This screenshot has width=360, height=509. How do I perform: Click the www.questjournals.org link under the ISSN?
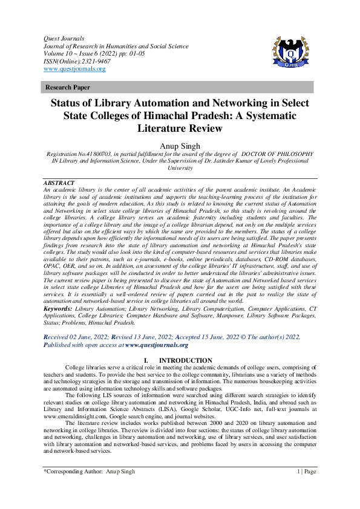click(74, 69)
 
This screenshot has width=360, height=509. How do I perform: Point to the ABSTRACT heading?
click(59, 183)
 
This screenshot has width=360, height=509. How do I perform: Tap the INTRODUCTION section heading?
click(189, 360)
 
